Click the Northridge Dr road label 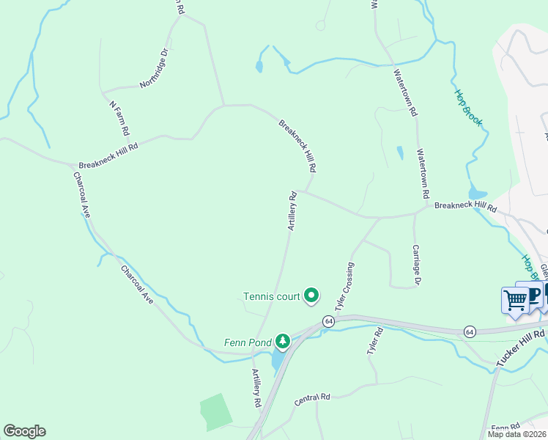[x=154, y=67]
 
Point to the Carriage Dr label [x=416, y=265]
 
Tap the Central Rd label [x=312, y=399]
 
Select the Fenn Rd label [x=506, y=428]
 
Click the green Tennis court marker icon [x=311, y=296]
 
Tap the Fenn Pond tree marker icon [x=282, y=341]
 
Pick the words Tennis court [x=272, y=297]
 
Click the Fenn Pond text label [x=247, y=342]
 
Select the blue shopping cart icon [x=515, y=299]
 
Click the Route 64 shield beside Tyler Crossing [x=327, y=321]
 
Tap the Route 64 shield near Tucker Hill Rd [x=469, y=331]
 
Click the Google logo [x=24, y=431]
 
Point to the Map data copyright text [x=517, y=434]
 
